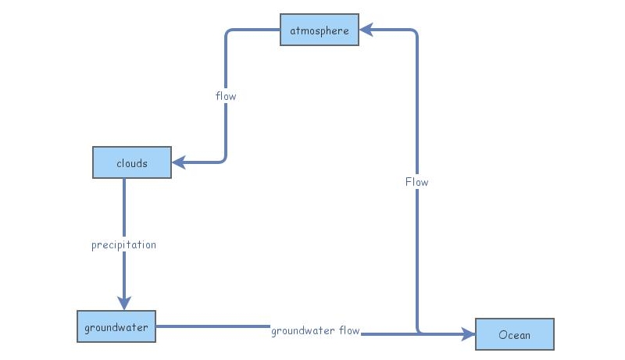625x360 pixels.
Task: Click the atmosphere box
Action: coord(320,30)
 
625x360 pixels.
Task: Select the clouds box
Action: coord(131,163)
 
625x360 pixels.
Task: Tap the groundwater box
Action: coord(116,326)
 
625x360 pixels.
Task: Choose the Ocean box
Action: coord(514,334)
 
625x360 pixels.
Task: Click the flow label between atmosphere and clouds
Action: coord(226,96)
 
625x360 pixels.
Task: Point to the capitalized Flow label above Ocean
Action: coord(416,182)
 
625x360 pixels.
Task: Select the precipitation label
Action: coord(123,244)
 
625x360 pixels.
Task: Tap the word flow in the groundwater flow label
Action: coord(349,330)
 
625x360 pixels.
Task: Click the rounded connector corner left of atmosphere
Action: coord(228,33)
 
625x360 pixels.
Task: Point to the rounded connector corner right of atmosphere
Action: coord(415,33)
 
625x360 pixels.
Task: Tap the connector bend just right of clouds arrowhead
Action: coord(223,160)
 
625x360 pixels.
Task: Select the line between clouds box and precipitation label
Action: coord(123,207)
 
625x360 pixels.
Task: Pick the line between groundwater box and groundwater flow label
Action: coord(211,326)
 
